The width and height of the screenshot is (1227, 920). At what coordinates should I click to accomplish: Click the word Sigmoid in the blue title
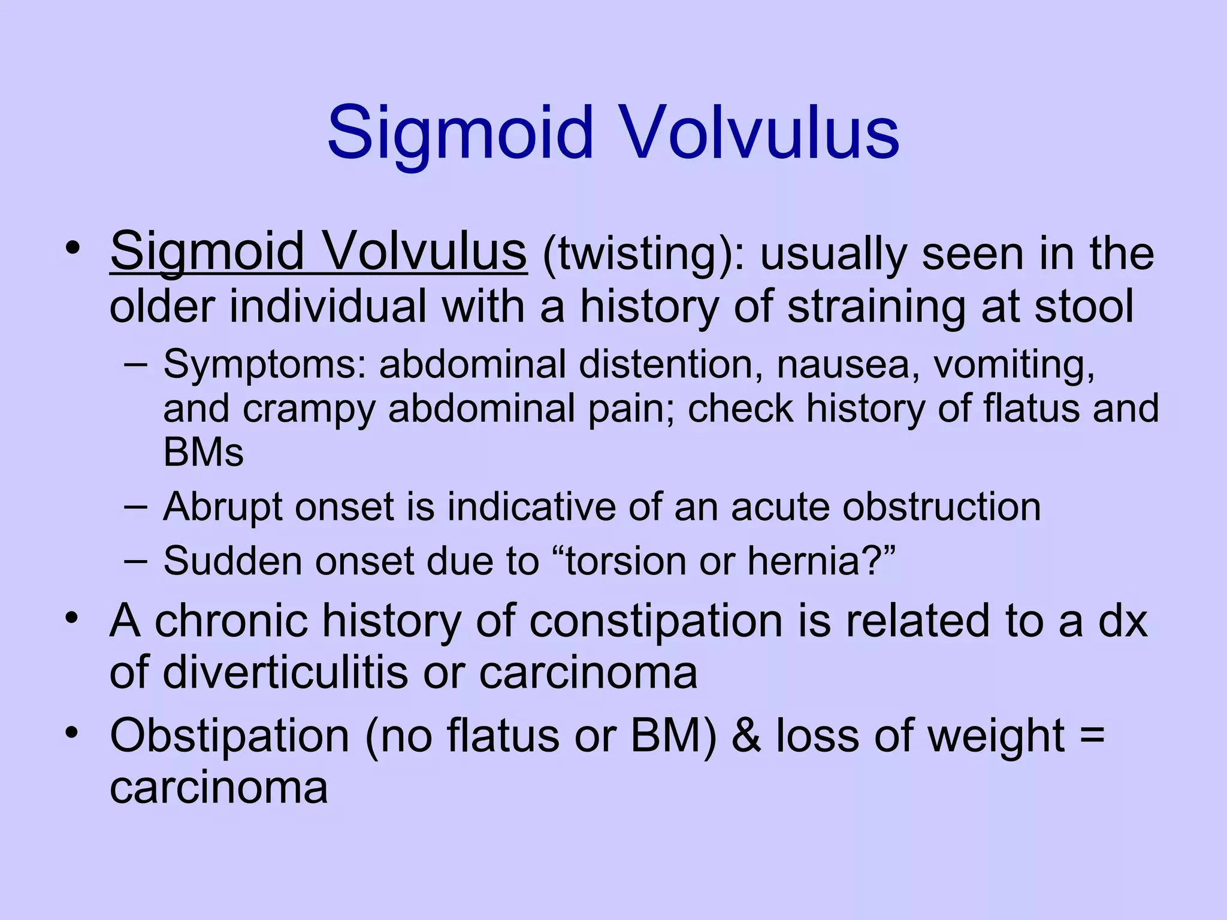tap(460, 133)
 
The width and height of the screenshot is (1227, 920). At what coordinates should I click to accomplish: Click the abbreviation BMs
tap(203, 452)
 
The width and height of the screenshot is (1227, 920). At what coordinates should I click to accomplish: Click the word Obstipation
tap(229, 736)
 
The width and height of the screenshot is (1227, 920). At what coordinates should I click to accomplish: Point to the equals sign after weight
tap(1092, 736)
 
